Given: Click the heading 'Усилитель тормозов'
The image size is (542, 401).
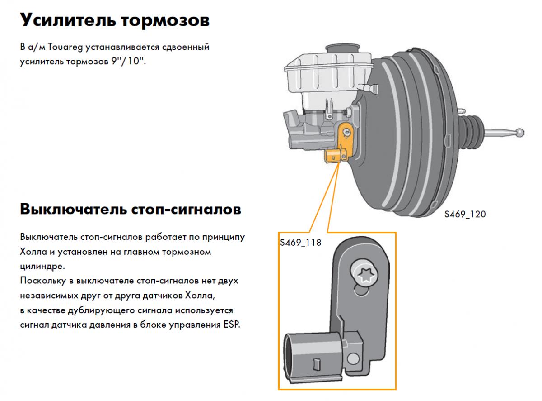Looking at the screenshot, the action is (115, 20).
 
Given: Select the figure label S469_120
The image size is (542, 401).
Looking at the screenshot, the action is (464, 214).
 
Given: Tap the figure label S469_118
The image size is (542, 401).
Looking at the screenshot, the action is (300, 243).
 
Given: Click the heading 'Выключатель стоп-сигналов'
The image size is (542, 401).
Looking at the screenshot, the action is (131, 209).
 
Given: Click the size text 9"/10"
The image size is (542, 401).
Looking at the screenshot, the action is (128, 61).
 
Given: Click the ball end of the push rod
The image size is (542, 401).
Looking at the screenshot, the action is (520, 133).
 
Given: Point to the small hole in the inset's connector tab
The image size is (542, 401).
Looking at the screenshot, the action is (353, 359).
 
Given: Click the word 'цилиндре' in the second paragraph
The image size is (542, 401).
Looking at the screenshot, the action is (42, 266).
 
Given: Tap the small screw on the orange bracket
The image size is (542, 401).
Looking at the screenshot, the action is (346, 132).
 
